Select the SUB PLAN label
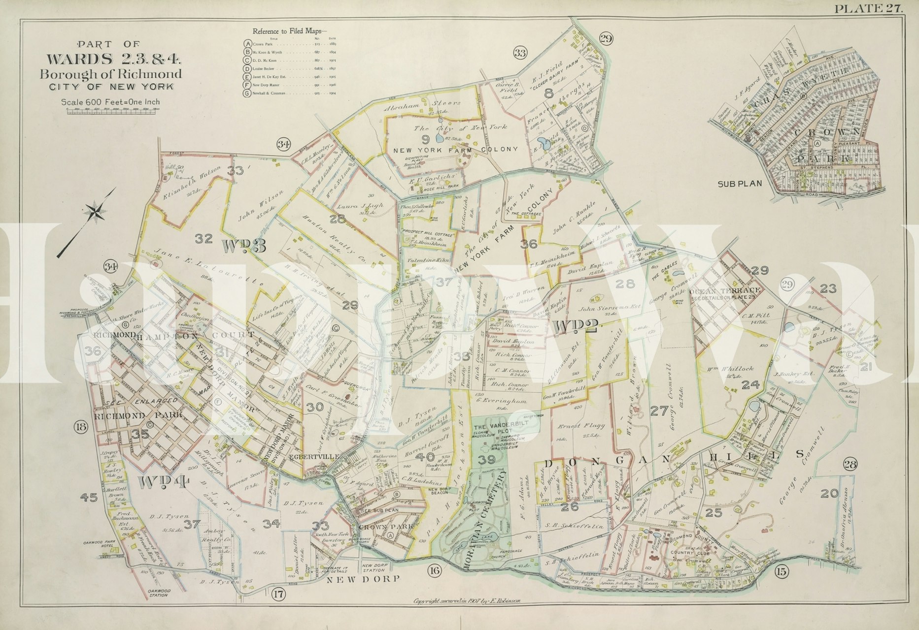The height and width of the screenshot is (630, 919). pyautogui.click(x=739, y=184)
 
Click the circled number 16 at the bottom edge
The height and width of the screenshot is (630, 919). pyautogui.click(x=434, y=571)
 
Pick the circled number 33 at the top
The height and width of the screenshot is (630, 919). pyautogui.click(x=519, y=52)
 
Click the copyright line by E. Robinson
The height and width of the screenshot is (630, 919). pyautogui.click(x=463, y=601)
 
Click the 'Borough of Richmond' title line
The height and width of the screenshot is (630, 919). pyautogui.click(x=110, y=75)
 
